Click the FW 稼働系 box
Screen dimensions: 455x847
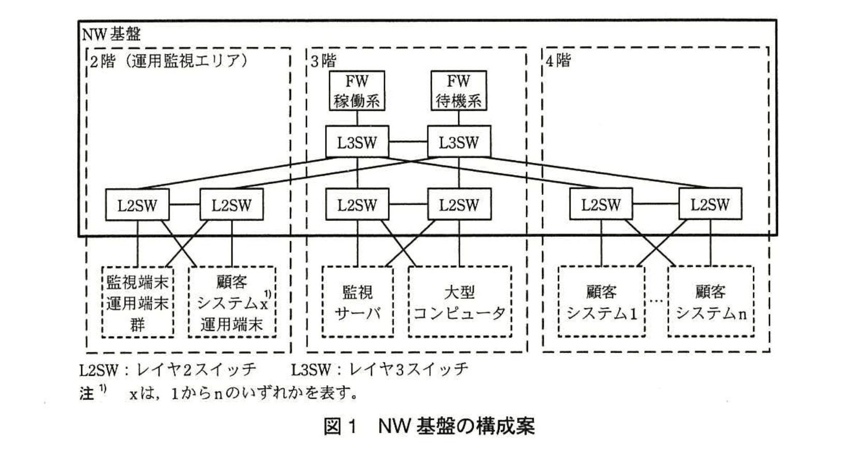tap(357, 90)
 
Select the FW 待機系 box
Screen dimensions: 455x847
tap(458, 90)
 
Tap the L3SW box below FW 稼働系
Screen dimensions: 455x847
tap(357, 142)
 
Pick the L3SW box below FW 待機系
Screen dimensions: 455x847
tap(459, 142)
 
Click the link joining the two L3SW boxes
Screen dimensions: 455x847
tap(408, 142)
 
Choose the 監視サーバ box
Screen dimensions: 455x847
tap(357, 302)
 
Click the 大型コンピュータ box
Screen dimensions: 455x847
tap(459, 302)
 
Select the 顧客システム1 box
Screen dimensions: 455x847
tap(601, 302)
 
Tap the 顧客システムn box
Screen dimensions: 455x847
tap(710, 302)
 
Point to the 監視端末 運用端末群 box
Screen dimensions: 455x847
tap(138, 302)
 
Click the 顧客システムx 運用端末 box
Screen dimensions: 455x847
tap(231, 302)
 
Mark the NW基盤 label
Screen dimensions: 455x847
tap(111, 34)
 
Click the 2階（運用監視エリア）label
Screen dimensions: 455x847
tap(169, 61)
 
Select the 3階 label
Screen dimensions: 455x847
tap(324, 61)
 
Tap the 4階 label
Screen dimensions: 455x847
tap(558, 61)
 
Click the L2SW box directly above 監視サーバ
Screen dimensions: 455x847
tap(357, 205)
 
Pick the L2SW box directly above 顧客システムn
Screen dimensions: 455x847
tap(710, 205)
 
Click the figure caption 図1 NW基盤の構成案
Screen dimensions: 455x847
tap(429, 427)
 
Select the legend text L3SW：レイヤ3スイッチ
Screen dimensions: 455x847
tap(379, 369)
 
